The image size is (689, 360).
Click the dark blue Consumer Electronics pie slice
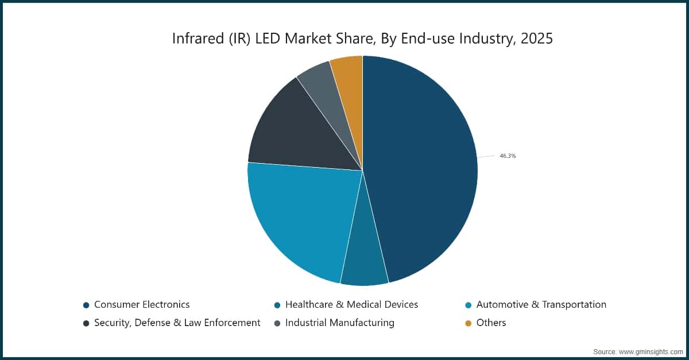(x=425, y=172)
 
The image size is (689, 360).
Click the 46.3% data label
(x=507, y=156)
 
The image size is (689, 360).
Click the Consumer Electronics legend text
(x=142, y=304)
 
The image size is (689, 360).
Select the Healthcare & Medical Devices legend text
(x=351, y=304)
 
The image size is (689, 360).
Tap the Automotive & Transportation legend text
(x=541, y=304)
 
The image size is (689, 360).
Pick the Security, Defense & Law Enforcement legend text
(x=177, y=323)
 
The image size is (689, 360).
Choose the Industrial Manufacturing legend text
(x=339, y=323)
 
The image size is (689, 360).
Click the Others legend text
(x=491, y=323)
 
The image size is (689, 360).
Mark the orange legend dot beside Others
(x=468, y=323)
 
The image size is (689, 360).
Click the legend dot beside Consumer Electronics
(x=86, y=305)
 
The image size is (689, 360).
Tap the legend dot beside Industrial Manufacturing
(x=277, y=323)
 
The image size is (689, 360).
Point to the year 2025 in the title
(x=537, y=38)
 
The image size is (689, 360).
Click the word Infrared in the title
(x=195, y=38)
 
